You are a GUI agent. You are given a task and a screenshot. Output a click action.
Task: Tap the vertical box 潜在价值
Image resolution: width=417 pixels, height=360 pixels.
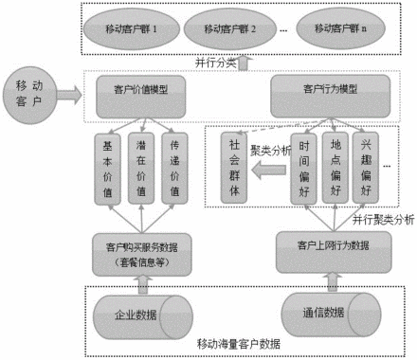tap(142, 168)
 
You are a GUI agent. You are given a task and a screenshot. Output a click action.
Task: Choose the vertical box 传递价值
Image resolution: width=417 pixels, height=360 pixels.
tap(174, 168)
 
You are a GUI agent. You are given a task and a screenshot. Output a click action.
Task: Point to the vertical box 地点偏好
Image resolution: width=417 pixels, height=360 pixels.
tap(332, 168)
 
